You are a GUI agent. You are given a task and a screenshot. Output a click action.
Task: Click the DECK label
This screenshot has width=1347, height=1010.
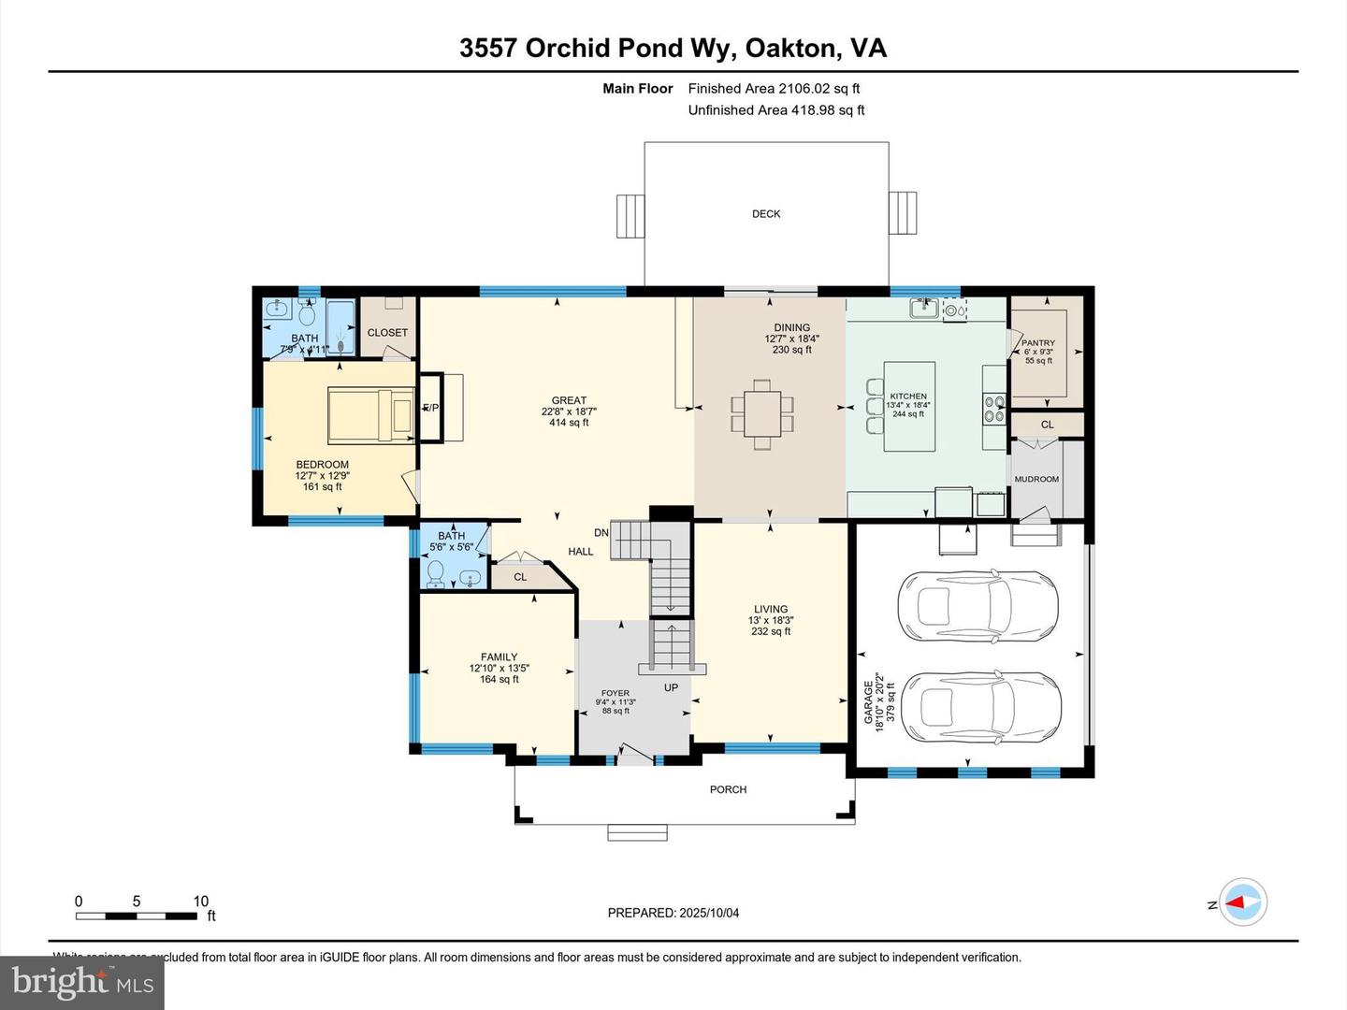pos(766,214)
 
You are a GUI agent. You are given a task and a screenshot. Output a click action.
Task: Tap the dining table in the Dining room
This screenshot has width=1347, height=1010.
pos(762,408)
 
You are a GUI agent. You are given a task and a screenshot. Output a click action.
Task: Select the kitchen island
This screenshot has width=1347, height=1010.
pos(908,406)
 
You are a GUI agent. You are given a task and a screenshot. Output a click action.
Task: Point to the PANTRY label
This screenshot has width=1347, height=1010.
pos(1038,343)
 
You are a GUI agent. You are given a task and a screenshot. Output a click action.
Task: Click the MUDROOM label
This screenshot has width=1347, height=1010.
pos(1036,479)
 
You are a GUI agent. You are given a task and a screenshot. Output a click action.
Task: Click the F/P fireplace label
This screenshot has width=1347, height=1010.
pos(431,408)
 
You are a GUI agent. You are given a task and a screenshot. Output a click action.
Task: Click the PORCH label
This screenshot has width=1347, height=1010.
pos(728,789)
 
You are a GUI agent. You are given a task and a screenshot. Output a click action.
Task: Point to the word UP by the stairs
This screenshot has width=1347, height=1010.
pos(671,687)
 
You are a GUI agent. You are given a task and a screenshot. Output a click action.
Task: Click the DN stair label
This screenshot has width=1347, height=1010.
pos(601,533)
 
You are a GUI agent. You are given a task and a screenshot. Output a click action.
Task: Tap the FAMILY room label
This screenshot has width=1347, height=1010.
pos(499,657)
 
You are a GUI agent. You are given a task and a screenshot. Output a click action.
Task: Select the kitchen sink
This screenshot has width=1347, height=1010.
pos(924,307)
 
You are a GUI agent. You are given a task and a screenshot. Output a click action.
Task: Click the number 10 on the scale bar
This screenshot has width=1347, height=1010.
pos(201,902)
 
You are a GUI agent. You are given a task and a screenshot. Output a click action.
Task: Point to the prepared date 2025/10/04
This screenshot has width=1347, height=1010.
pos(709,913)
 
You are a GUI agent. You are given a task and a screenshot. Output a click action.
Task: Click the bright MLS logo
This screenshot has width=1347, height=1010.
pos(82,982)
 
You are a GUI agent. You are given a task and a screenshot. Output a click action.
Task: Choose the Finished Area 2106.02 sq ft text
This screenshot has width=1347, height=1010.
pos(774,89)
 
